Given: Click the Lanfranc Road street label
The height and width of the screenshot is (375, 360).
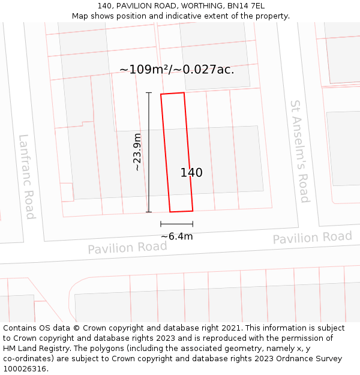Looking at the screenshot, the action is (x=27, y=176).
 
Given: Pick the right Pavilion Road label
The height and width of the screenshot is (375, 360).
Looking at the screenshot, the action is (x=312, y=238).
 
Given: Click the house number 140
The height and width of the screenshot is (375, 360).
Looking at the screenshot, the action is (x=191, y=173).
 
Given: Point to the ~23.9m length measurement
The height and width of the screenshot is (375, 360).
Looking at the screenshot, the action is (x=137, y=152).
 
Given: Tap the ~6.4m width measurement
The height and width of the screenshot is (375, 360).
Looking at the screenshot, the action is (x=176, y=236).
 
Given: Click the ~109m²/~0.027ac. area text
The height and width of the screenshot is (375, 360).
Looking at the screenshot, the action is (x=176, y=70).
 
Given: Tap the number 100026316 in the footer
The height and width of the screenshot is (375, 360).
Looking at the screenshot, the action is (x=25, y=369).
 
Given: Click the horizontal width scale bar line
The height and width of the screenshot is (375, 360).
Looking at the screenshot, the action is (x=176, y=224).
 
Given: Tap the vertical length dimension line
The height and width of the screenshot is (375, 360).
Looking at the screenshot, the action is (x=149, y=152).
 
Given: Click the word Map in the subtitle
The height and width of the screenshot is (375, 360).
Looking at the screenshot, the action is (x=80, y=16).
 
